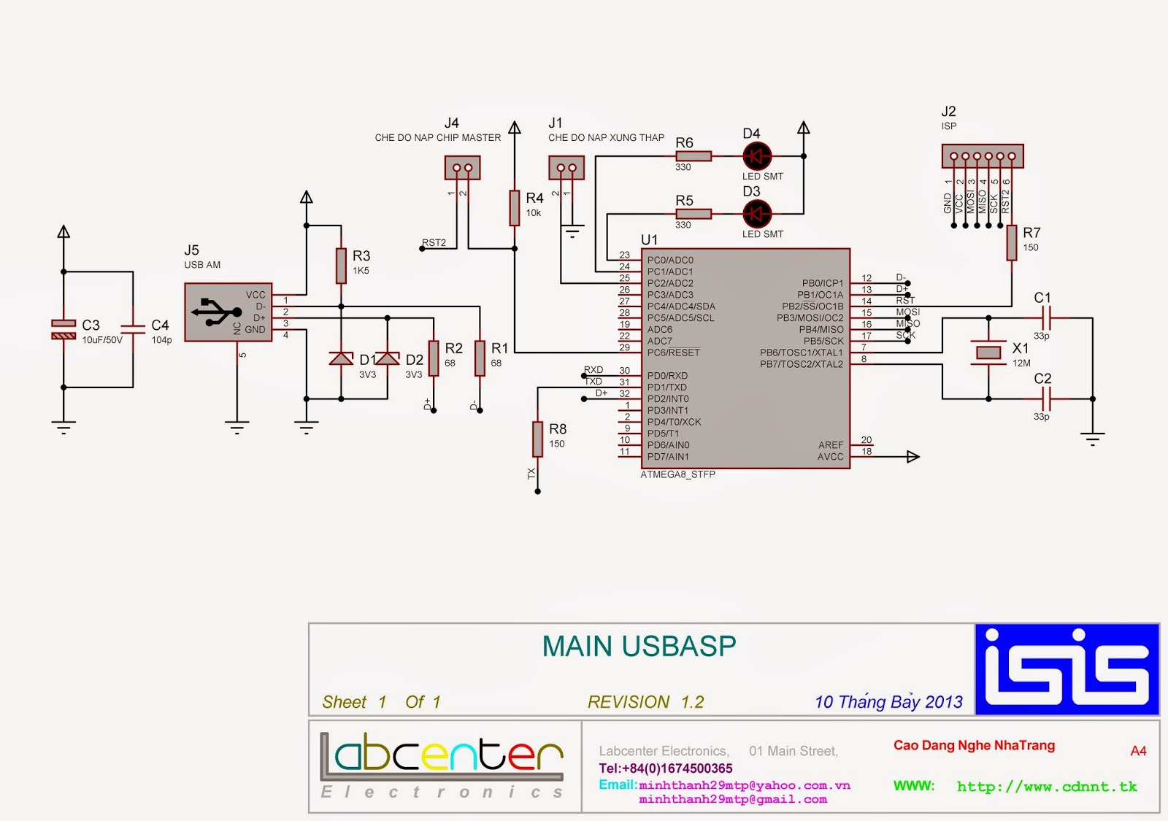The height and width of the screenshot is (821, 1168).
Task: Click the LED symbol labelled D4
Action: point(757,156)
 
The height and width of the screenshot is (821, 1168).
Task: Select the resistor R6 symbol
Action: point(693,155)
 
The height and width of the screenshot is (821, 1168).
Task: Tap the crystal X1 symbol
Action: point(988,352)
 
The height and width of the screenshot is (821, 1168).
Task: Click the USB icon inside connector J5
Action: point(216,312)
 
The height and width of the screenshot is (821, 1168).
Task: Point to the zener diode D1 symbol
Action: point(341,358)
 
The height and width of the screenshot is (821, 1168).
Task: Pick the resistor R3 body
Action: point(341,265)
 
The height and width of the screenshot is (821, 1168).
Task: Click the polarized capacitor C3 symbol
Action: point(64,329)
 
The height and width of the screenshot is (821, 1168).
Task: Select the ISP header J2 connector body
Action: point(983,156)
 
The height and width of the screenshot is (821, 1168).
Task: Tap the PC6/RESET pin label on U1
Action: point(673,352)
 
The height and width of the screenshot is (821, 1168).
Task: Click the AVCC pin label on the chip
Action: point(830,457)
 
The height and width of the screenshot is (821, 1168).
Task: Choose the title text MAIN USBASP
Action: point(639,647)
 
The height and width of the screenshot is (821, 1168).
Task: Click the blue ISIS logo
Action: point(1067,669)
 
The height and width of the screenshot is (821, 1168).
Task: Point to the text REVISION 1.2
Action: point(645,702)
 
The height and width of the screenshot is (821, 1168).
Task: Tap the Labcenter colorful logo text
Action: point(442,755)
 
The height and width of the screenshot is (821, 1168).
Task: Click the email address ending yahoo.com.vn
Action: point(744,785)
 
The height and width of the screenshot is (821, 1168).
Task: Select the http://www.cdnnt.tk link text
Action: point(1047,787)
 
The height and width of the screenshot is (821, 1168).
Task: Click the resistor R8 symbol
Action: point(537,439)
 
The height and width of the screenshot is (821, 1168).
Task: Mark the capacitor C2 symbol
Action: point(1045,398)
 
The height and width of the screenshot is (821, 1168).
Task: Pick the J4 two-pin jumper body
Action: point(462,168)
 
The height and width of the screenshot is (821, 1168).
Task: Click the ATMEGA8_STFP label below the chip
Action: point(677,474)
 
